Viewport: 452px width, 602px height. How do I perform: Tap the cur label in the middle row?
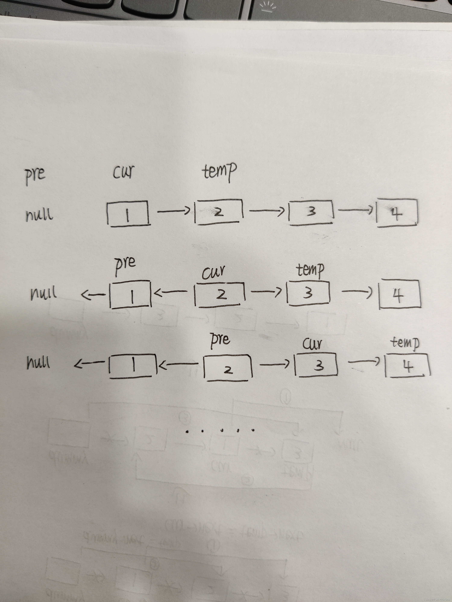point(213,273)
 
